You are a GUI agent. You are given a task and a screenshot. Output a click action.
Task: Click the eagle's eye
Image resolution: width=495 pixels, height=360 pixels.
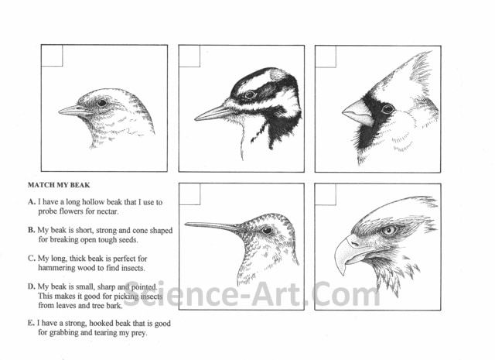[388, 230]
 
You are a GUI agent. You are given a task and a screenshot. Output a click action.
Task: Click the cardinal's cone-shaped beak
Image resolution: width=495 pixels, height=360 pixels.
[357, 113]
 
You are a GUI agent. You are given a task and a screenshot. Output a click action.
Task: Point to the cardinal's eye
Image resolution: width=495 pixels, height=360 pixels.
[387, 109]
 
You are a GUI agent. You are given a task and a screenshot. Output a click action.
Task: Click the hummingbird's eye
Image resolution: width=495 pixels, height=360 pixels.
[267, 230]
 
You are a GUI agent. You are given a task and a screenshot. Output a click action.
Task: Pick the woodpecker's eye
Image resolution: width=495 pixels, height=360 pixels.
[250, 94]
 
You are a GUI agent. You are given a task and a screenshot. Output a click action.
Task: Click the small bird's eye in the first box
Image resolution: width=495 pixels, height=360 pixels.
[101, 103]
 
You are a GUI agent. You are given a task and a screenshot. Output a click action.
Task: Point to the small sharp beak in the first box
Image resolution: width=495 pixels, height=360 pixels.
[75, 111]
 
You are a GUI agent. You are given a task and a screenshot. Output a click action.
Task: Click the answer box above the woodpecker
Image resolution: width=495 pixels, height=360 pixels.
[189, 56]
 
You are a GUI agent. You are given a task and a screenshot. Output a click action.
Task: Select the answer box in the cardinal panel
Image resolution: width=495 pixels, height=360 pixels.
[326, 57]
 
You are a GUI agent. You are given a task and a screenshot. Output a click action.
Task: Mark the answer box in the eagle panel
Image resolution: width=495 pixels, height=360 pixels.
[326, 194]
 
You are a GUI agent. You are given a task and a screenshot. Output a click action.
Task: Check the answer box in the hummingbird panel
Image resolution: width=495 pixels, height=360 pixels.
[189, 194]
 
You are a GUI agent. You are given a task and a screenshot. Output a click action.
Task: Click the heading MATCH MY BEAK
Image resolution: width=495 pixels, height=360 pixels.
[59, 185]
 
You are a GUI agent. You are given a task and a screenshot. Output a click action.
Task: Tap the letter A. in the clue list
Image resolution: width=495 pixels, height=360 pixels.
[31, 201]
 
